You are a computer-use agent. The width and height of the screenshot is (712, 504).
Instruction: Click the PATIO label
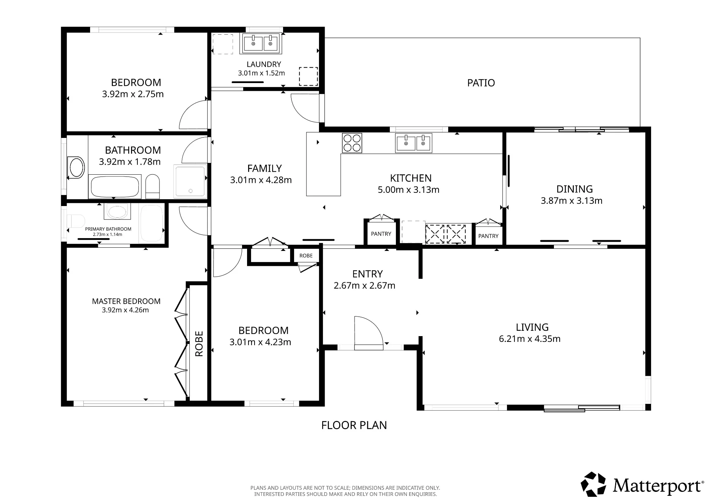point(481,83)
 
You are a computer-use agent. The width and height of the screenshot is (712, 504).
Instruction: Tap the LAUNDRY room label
point(264,65)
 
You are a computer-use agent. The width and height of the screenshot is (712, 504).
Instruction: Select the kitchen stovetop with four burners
point(352,143)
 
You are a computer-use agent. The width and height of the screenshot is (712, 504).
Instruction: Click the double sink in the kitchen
point(414,143)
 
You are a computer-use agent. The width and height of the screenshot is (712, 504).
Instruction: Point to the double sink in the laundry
point(262,43)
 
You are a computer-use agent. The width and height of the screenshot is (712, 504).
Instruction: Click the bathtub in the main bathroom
point(115,186)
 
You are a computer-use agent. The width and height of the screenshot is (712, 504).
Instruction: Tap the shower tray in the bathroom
point(190,181)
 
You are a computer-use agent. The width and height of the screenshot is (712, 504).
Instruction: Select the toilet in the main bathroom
point(153,186)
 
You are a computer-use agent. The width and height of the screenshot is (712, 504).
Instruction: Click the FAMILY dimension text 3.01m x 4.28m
point(261,180)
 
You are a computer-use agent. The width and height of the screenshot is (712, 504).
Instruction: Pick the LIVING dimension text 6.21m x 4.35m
point(530,339)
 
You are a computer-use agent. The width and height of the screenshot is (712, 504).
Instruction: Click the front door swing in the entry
point(369,331)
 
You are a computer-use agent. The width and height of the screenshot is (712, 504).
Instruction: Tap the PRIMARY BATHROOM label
point(108,229)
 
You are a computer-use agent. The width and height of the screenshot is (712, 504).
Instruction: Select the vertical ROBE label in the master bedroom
point(199,344)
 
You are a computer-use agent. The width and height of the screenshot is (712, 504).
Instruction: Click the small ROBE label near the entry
point(306,256)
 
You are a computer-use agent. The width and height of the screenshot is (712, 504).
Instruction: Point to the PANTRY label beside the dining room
point(488,236)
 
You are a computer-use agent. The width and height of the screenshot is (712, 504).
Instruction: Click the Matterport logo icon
point(593,484)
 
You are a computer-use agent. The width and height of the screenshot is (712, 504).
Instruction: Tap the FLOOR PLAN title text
point(354,425)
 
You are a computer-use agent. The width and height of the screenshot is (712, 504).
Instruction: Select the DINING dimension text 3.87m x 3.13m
point(572,201)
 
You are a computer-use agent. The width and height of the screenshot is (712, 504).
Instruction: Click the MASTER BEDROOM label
point(126,302)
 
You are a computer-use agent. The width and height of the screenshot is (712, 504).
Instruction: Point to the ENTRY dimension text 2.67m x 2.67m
point(365,286)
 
